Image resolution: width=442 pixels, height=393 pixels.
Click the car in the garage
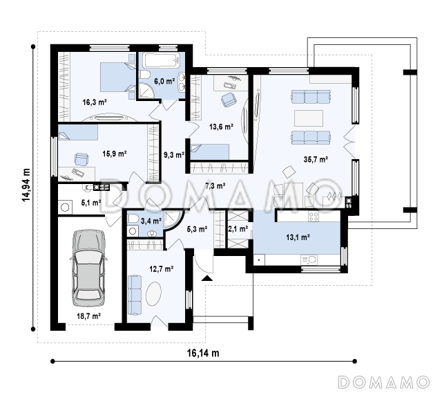(x=89, y=268)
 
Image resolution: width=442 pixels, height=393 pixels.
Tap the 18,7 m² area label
(x=89, y=316)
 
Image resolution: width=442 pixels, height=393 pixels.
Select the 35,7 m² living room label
(x=316, y=160)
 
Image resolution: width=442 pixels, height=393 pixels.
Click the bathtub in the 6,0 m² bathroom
(x=162, y=61)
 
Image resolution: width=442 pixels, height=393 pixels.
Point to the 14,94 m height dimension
(x=26, y=185)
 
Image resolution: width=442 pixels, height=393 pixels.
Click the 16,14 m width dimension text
(x=203, y=353)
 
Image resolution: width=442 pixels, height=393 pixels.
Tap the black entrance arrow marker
(x=207, y=278)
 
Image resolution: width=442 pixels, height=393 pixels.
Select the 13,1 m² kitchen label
(x=298, y=237)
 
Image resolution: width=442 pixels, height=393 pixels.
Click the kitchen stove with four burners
(x=313, y=217)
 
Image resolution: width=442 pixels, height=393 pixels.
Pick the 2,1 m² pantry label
(x=238, y=229)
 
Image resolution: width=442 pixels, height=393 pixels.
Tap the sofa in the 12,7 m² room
(x=135, y=295)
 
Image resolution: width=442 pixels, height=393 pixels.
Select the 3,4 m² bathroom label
(x=151, y=221)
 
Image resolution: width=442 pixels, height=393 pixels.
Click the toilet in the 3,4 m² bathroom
(x=133, y=218)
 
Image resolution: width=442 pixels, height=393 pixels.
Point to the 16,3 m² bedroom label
(x=95, y=102)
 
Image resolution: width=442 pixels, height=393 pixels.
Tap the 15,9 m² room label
(x=114, y=154)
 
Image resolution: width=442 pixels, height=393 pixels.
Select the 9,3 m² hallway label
(x=174, y=155)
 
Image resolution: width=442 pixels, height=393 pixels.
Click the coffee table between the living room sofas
(x=309, y=118)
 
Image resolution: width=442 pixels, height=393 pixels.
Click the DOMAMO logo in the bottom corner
(x=384, y=382)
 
